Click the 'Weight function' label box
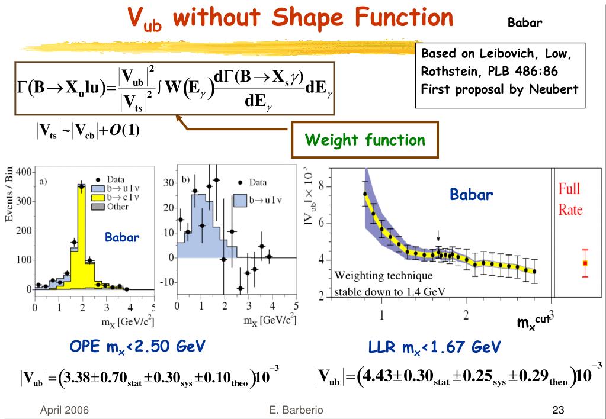pyautogui.click(x=365, y=140)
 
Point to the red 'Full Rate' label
pyautogui.click(x=570, y=199)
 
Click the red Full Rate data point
pyautogui.click(x=585, y=263)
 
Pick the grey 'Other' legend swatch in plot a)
pyautogui.click(x=98, y=207)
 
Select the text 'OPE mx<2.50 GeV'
pyautogui.click(x=137, y=347)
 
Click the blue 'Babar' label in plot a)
pyautogui.click(x=122, y=238)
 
